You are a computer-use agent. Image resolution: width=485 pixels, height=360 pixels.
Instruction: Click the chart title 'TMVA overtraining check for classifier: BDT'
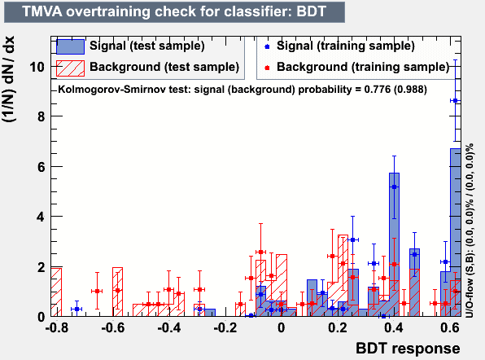click(174, 11)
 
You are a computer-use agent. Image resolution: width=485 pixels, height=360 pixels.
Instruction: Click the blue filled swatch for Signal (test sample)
click(70, 46)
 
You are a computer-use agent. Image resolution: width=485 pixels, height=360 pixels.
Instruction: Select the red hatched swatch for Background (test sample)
click(70, 68)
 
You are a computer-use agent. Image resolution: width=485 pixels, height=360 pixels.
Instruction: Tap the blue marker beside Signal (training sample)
click(267, 46)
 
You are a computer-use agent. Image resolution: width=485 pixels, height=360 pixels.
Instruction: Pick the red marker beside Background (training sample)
click(267, 68)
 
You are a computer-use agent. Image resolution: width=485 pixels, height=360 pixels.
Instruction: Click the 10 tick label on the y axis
click(37, 67)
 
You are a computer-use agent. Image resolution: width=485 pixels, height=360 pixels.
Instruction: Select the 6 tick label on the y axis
click(41, 167)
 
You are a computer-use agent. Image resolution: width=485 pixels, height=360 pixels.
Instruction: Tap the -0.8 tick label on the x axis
click(57, 327)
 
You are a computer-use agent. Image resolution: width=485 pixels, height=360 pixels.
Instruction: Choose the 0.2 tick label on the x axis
click(337, 327)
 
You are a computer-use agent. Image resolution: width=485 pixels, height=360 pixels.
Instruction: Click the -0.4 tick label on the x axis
click(169, 327)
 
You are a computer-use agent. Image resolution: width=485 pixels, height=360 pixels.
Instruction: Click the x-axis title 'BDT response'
click(408, 349)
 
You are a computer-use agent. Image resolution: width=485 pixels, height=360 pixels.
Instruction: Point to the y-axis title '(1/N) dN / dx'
click(9, 79)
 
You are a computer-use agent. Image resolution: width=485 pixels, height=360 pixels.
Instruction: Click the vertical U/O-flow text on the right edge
click(470, 230)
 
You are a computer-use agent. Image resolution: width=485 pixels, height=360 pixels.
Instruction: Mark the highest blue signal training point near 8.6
click(455, 100)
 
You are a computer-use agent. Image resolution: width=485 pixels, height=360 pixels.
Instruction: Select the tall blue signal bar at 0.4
click(394, 244)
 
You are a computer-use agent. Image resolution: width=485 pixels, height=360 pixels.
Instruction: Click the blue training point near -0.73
click(76, 309)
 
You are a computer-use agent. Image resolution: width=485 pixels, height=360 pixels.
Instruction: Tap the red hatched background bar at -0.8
click(56, 292)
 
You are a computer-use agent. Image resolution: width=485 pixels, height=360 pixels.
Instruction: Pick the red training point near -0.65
click(97, 291)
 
